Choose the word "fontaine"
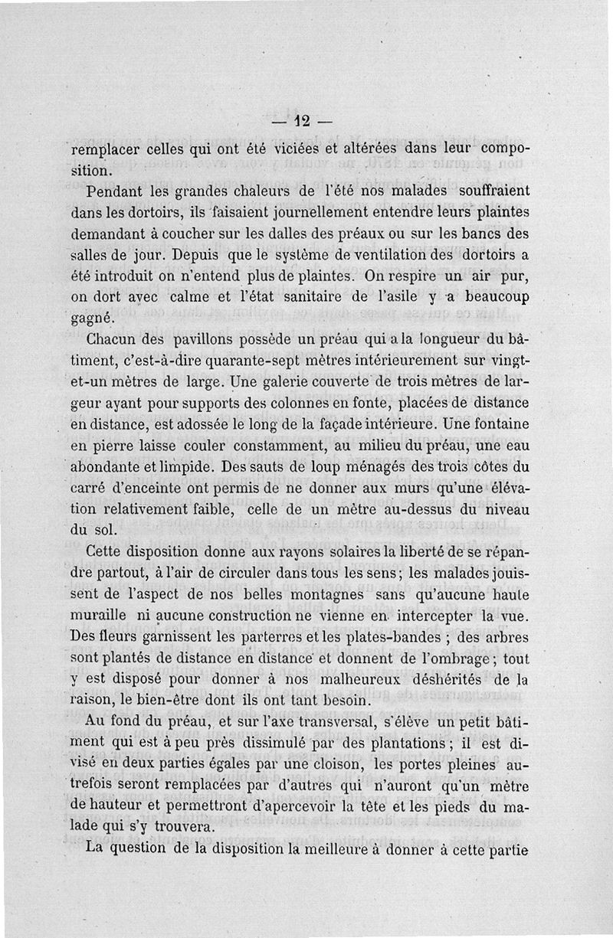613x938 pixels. click(499, 423)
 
